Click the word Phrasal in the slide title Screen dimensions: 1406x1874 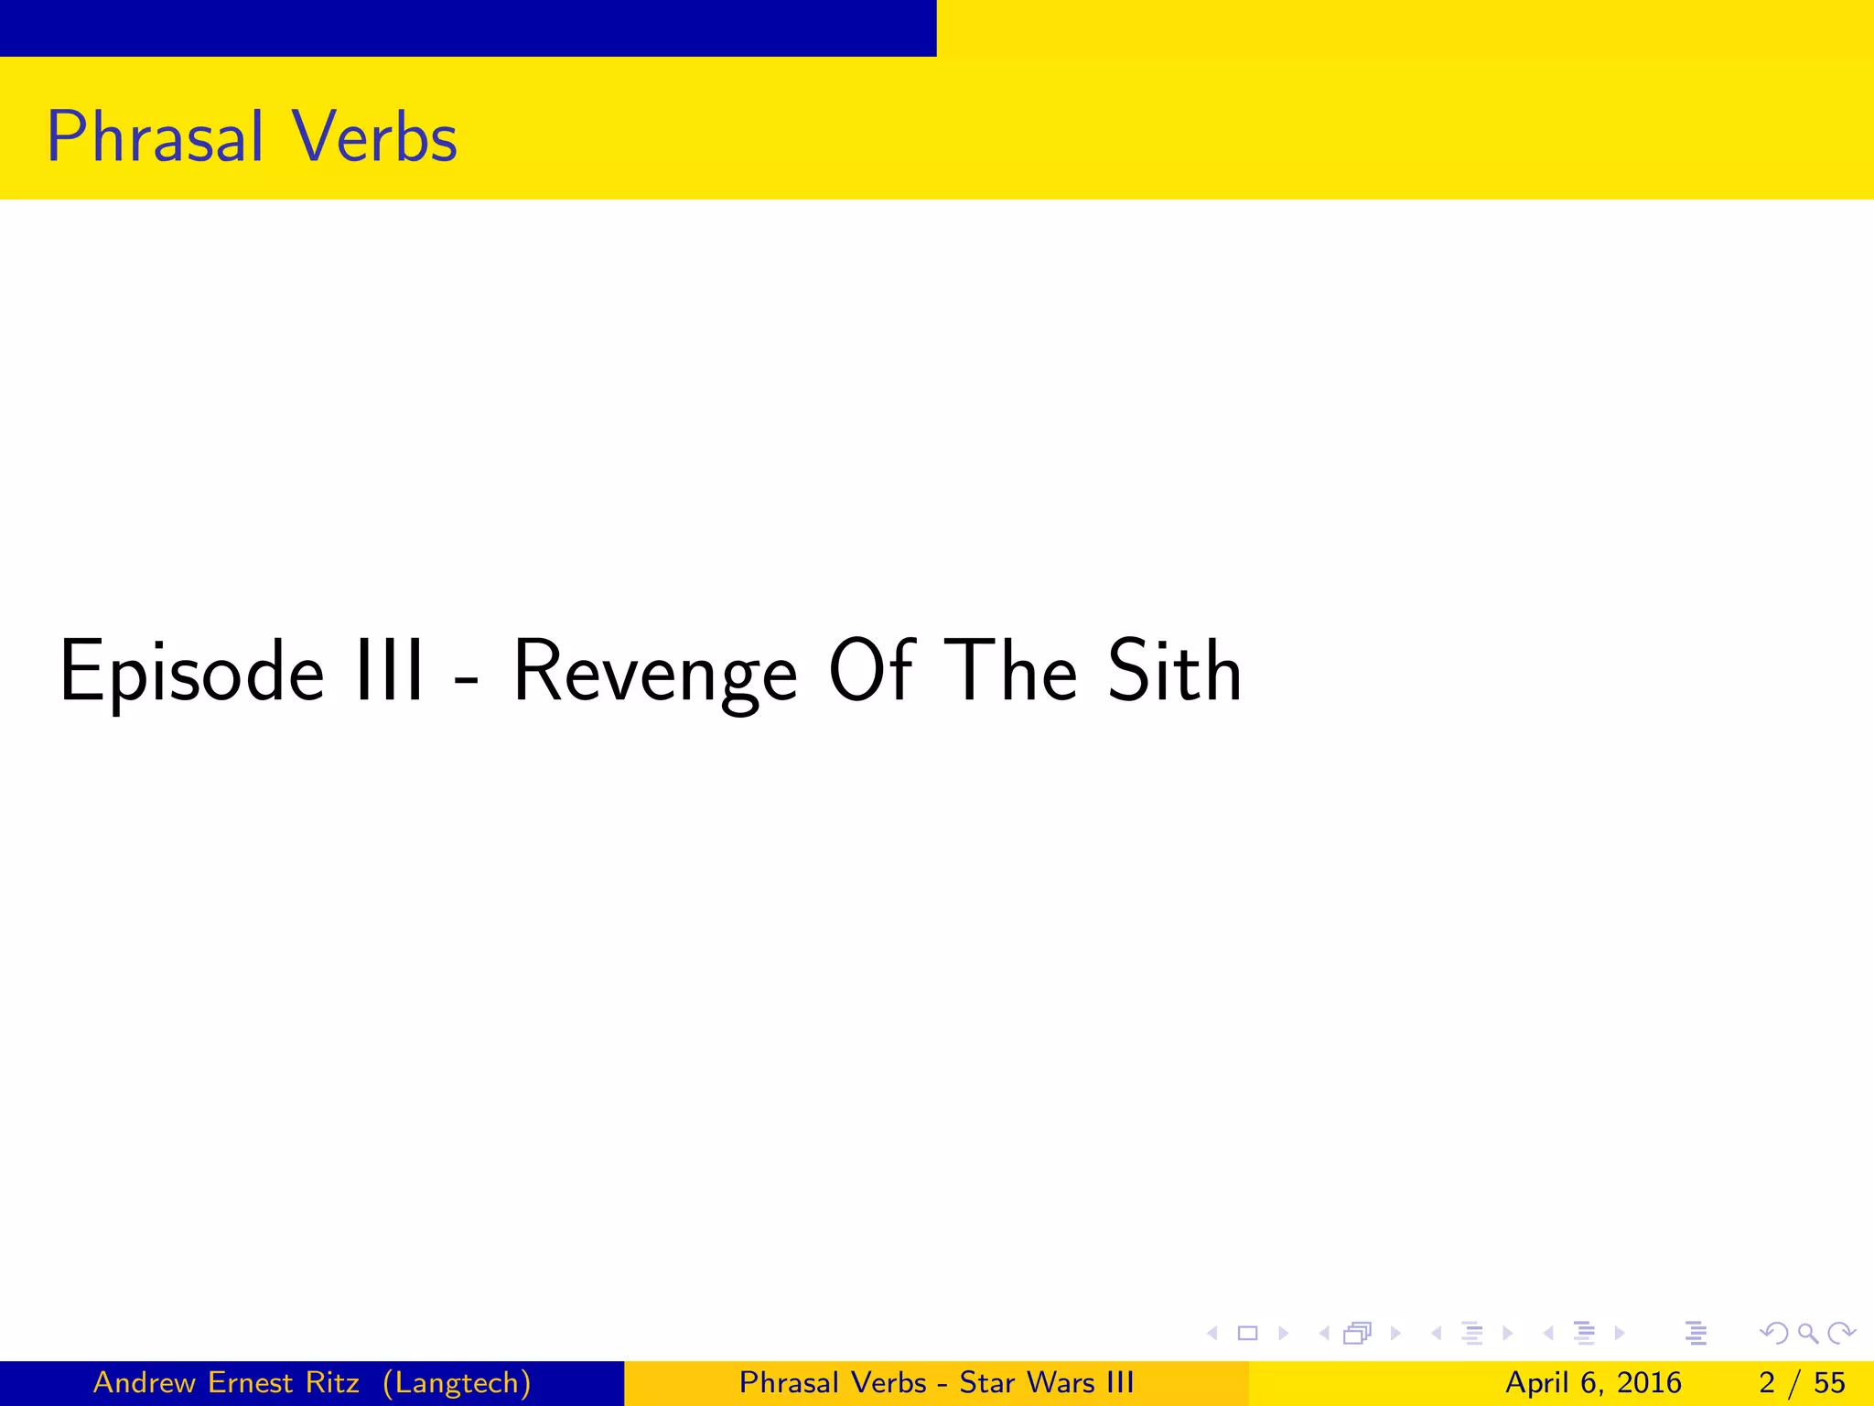(x=155, y=137)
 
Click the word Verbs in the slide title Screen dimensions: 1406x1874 (x=375, y=137)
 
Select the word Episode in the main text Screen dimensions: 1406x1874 (x=191, y=673)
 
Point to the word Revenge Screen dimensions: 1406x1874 (x=655, y=673)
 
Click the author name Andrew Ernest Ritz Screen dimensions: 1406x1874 (x=226, y=1382)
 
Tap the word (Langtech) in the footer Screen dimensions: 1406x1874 (x=457, y=1382)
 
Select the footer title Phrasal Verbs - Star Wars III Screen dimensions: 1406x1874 (x=936, y=1382)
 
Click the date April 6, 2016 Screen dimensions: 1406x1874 (x=1593, y=1382)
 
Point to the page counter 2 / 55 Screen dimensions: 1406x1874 (x=1802, y=1382)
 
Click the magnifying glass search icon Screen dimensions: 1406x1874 (x=1807, y=1333)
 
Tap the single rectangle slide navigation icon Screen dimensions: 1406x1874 (x=1247, y=1333)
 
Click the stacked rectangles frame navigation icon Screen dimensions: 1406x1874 (x=1357, y=1333)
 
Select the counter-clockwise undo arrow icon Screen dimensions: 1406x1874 (x=1774, y=1333)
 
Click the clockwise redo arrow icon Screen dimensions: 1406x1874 (x=1840, y=1333)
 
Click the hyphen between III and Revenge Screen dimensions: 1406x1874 (x=467, y=680)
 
